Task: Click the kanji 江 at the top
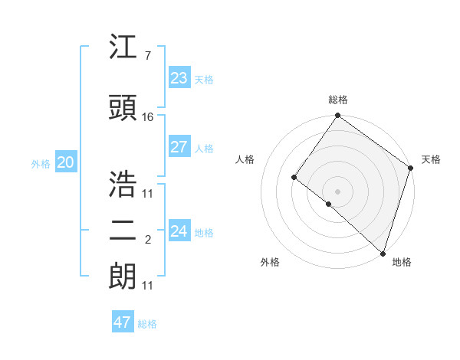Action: point(123,48)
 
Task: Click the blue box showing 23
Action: point(179,77)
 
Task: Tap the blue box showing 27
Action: point(179,147)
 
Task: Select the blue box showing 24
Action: point(179,231)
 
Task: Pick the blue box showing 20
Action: point(65,162)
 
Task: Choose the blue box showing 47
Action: point(123,322)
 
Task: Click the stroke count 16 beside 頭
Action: point(148,117)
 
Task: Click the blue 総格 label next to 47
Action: point(147,324)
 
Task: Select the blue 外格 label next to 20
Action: point(41,163)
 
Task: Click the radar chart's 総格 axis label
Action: point(337,100)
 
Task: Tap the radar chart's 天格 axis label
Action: point(431,159)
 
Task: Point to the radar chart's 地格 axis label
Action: point(402,262)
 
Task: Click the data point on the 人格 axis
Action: point(294,177)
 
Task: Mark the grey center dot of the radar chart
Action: point(337,191)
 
